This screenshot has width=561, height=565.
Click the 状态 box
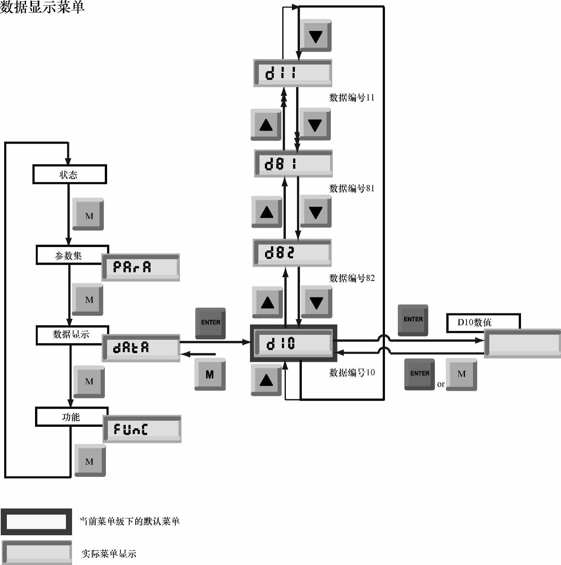pyautogui.click(x=69, y=174)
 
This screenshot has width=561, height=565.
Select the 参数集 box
pyautogui.click(x=69, y=255)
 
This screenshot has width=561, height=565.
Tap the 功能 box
pyautogui.click(x=71, y=417)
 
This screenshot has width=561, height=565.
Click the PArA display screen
pyautogui.click(x=141, y=267)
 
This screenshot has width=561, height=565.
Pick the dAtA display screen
pyautogui.click(x=141, y=348)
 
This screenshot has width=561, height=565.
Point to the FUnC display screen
pyautogui.click(x=142, y=429)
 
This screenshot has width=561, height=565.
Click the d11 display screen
pyautogui.click(x=292, y=72)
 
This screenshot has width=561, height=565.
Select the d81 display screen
pyautogui.click(x=293, y=164)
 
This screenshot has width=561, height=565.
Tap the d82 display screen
pyautogui.click(x=292, y=253)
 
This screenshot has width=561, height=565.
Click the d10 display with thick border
pyautogui.click(x=293, y=343)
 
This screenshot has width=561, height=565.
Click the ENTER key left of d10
pyautogui.click(x=210, y=323)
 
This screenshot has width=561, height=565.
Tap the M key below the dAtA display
pyautogui.click(x=210, y=374)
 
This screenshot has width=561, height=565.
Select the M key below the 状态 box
pyautogui.click(x=88, y=214)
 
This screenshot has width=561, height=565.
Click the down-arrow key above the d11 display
pyautogui.click(x=316, y=36)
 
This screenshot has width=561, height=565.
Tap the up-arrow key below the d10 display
pyautogui.click(x=266, y=380)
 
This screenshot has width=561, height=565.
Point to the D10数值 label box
pyautogui.click(x=483, y=322)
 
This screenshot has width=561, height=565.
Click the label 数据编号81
pyautogui.click(x=352, y=188)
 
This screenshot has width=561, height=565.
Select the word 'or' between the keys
pyautogui.click(x=441, y=384)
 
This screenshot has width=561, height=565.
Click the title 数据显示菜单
pyautogui.click(x=42, y=7)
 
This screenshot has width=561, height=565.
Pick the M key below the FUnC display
pyautogui.click(x=90, y=460)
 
